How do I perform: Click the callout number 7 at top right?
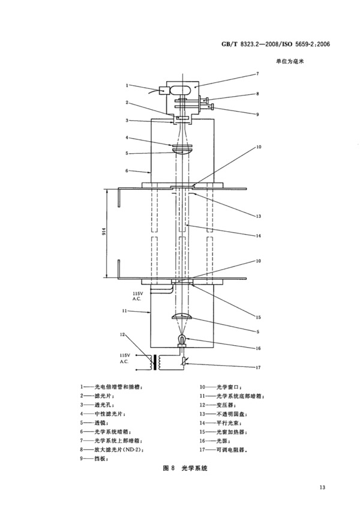(x=257, y=74)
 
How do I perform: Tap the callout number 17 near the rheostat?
(x=258, y=367)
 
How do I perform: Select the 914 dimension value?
(x=104, y=232)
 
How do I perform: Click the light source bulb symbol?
(x=182, y=340)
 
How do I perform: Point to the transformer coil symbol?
(x=156, y=363)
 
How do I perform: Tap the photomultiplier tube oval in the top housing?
(x=181, y=90)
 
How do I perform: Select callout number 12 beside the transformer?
(x=122, y=334)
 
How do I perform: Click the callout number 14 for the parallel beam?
(x=258, y=236)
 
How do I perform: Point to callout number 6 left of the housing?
(x=127, y=171)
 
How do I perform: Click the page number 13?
(x=322, y=487)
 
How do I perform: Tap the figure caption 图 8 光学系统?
(x=185, y=468)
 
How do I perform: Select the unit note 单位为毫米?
(x=290, y=61)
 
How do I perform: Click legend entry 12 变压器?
(x=218, y=405)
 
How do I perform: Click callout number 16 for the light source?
(x=258, y=348)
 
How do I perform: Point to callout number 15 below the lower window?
(x=258, y=318)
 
